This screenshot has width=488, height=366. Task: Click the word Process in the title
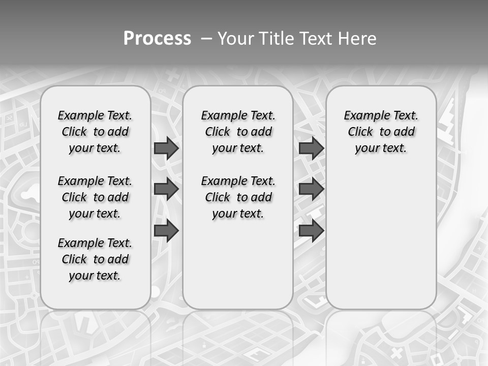(157, 39)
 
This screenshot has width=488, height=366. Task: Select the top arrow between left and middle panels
(166, 148)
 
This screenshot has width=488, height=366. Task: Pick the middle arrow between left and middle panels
(166, 189)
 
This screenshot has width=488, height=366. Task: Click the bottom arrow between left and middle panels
(166, 230)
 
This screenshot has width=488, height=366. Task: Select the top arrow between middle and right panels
(311, 148)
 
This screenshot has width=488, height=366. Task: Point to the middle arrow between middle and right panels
(311, 189)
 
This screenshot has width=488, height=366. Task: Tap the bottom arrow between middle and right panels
(311, 230)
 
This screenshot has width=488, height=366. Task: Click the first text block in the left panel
(95, 132)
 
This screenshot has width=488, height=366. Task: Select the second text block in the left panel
(95, 197)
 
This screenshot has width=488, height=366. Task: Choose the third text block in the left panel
(95, 259)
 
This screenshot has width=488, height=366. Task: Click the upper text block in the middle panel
(238, 132)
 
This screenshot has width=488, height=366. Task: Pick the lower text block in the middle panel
(238, 197)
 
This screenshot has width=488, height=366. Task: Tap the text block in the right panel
(381, 132)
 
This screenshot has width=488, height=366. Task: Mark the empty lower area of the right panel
(381, 239)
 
